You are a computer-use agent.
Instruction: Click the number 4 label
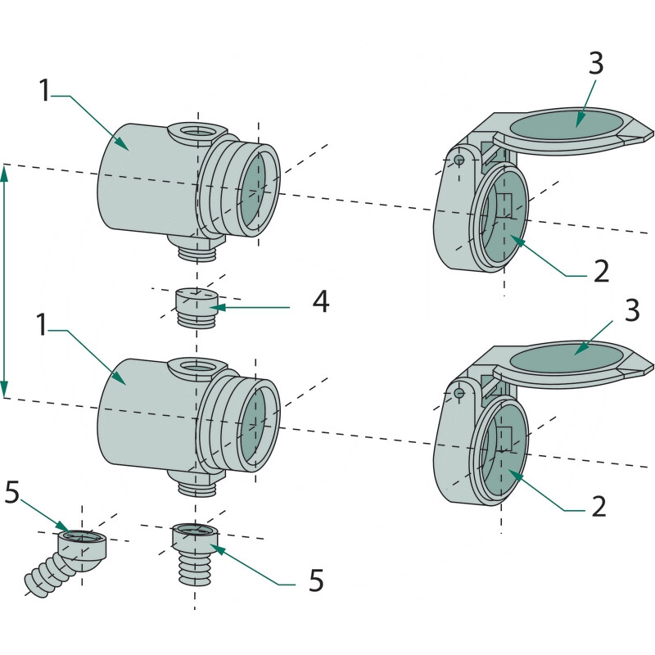pos(320,302)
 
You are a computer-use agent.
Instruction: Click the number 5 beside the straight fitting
pos(314,580)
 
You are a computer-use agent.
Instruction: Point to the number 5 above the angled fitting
pos(12,492)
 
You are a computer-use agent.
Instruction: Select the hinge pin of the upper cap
pos(460,159)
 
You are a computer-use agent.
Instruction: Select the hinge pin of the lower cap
pos(460,393)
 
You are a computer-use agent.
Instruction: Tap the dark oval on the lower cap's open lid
pos(565,357)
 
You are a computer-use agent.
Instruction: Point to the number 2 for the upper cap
pos(601,271)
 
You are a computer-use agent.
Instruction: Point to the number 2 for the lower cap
pos(599,506)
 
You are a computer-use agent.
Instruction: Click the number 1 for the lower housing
pos(44,325)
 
